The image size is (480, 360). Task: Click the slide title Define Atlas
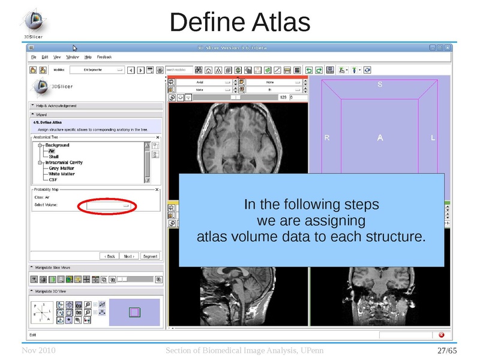coord(239,22)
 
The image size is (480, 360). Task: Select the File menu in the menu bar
coord(34,57)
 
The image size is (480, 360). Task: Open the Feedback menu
coord(104,57)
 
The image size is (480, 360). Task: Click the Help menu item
coord(88,57)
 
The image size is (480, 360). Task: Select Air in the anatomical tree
coord(53,151)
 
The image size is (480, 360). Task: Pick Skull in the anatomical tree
coord(54,157)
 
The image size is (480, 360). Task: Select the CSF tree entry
coord(53,180)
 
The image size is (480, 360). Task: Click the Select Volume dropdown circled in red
coord(108,205)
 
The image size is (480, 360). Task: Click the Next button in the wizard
coord(129,256)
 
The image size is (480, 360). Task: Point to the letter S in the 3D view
coord(380,85)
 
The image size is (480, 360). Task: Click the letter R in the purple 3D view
coord(327,138)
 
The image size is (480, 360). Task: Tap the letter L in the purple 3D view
coord(433,138)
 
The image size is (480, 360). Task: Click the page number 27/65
coord(448,350)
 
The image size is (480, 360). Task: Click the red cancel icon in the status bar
coord(441,335)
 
